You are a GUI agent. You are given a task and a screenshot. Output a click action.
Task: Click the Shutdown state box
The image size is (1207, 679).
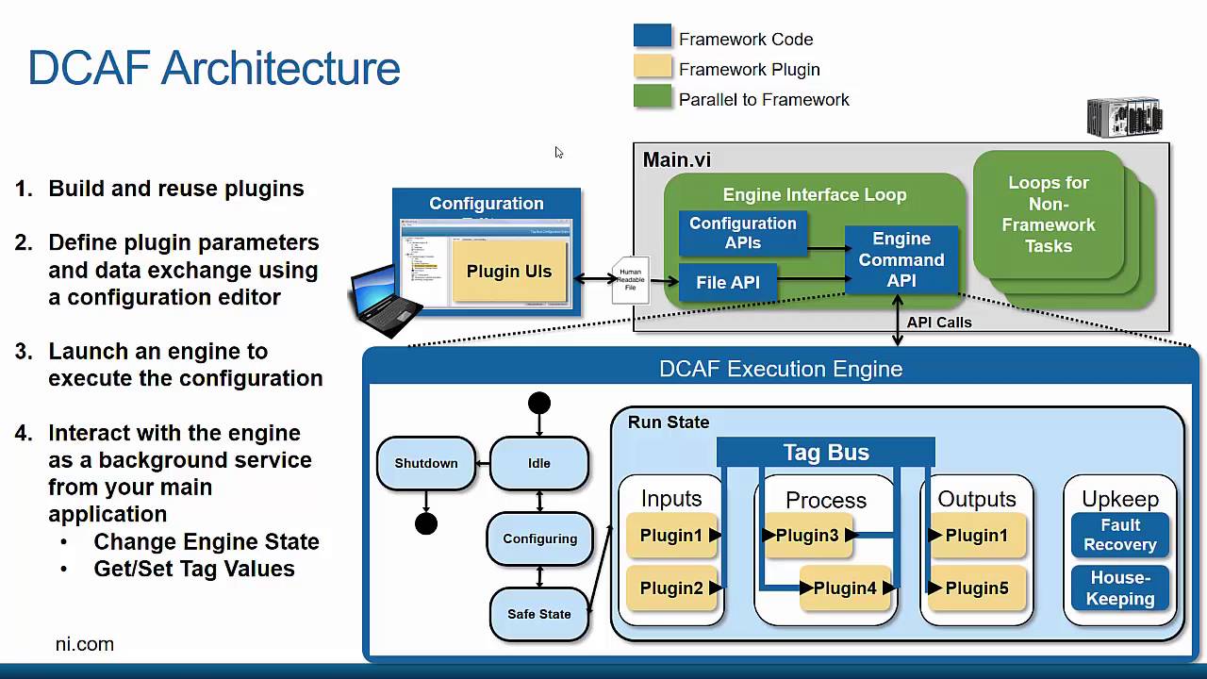426,463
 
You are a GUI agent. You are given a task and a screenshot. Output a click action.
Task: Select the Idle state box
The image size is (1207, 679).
538,463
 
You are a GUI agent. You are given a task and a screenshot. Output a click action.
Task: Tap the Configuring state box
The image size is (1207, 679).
539,538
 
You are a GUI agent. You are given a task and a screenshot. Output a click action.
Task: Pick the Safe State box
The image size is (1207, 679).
538,614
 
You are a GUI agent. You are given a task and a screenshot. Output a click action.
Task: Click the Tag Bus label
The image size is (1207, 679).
826,453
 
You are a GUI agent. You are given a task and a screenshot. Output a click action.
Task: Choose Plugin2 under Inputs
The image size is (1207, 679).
671,588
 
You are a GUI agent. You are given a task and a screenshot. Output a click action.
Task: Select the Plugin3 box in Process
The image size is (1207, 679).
807,536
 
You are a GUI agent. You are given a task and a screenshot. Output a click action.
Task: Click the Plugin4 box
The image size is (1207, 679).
845,588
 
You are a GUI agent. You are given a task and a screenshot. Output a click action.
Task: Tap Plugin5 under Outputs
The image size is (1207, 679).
977,588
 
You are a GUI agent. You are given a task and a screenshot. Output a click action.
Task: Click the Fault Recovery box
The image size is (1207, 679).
1120,535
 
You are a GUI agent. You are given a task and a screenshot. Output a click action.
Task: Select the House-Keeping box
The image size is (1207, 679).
1120,588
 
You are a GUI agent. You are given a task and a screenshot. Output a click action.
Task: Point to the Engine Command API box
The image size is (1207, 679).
901,259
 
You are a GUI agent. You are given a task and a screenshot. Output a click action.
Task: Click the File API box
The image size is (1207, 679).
728,282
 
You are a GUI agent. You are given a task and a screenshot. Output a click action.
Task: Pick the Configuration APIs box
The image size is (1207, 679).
743,233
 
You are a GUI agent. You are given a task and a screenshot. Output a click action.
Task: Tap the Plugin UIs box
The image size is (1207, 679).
509,272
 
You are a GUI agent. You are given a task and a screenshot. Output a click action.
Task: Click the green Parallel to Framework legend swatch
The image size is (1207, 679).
653,97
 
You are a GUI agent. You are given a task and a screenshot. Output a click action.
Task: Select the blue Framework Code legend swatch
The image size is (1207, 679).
653,37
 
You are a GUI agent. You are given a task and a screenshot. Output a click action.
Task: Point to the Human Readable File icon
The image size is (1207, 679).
631,280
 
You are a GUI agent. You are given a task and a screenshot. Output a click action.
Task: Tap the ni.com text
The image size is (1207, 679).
85,644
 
